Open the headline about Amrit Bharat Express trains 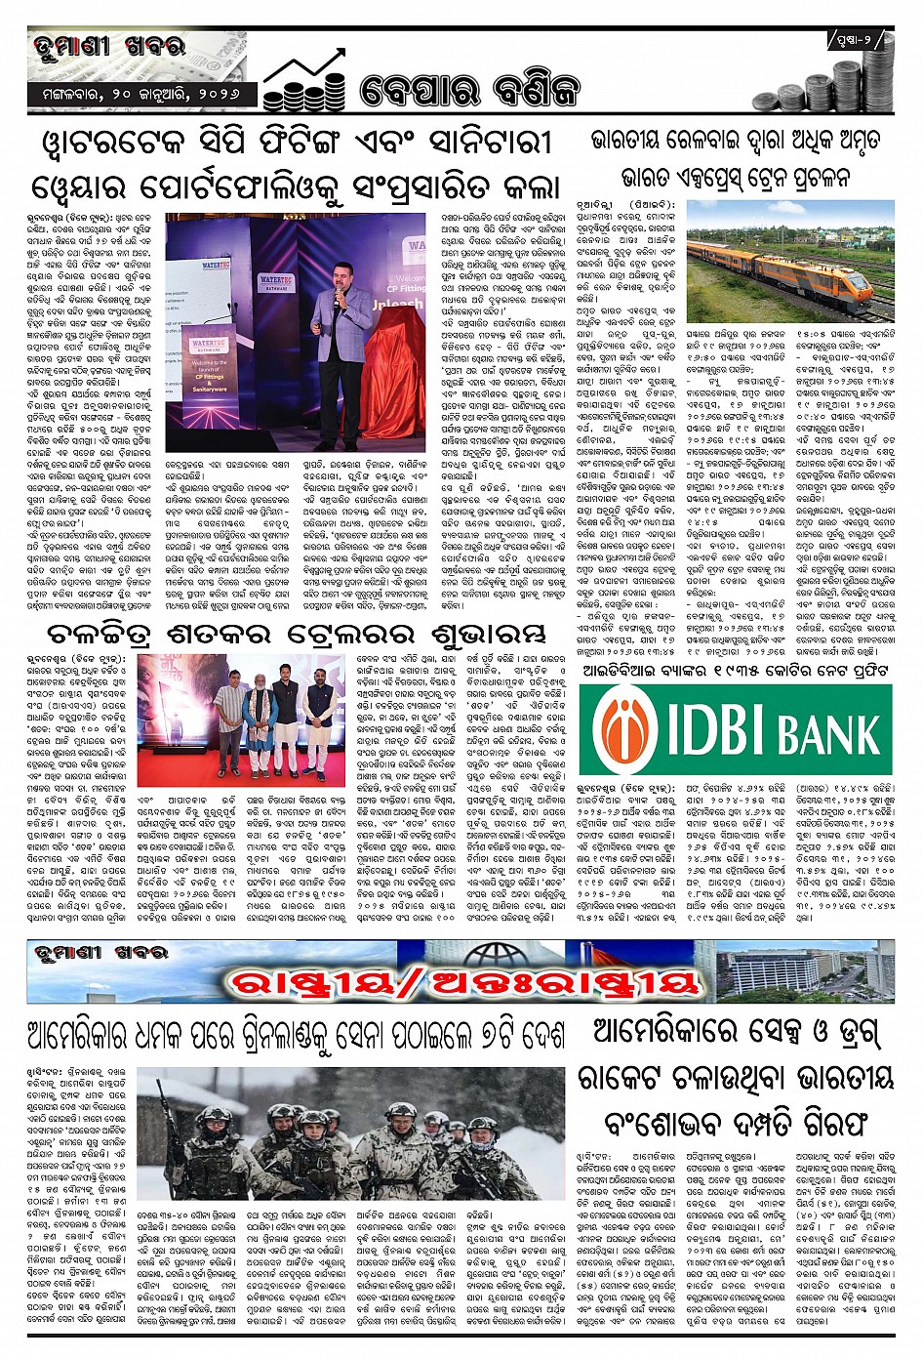[742, 159]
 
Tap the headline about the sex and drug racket [742, 1076]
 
